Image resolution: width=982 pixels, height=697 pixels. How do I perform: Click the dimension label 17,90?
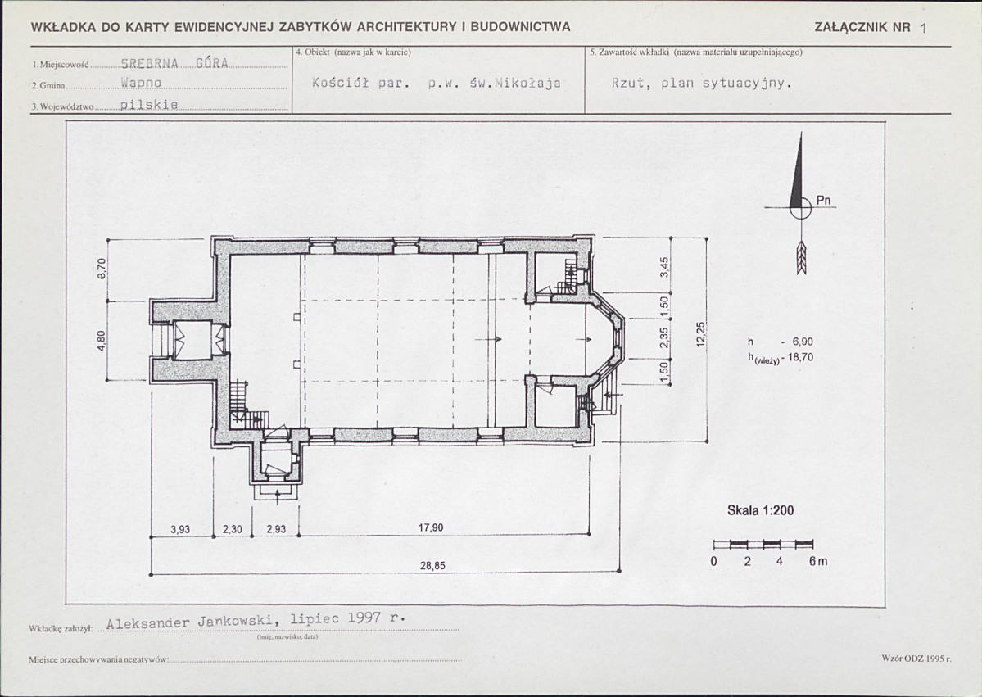(x=431, y=528)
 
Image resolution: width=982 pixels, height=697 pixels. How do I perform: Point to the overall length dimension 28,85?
(x=432, y=566)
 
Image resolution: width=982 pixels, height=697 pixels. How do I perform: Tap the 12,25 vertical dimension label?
(x=701, y=334)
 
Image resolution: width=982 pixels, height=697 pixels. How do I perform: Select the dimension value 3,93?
(x=180, y=529)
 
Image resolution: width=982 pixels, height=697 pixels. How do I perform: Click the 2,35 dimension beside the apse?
(x=665, y=338)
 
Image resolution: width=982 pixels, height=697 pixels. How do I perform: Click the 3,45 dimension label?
(x=665, y=267)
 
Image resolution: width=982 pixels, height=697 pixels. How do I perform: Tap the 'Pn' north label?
(x=824, y=201)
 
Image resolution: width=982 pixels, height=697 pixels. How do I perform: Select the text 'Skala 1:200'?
(x=760, y=510)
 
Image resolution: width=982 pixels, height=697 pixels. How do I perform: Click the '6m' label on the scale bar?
(x=818, y=561)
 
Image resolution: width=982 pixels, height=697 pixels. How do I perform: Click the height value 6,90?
(x=803, y=342)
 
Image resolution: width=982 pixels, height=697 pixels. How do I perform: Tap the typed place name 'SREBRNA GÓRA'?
(x=174, y=63)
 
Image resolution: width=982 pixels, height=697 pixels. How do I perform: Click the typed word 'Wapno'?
(x=142, y=83)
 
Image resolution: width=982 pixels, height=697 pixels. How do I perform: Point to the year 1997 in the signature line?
(x=364, y=618)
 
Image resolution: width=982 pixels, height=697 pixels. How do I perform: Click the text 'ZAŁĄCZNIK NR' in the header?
(x=862, y=27)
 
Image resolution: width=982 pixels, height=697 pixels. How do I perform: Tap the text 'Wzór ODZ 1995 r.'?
(x=916, y=659)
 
